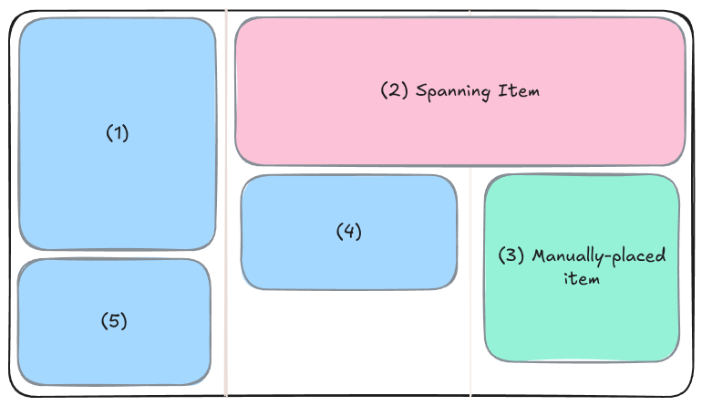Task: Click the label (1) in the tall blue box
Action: click(x=118, y=133)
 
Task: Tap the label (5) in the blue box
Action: click(x=114, y=321)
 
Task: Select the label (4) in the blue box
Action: click(x=349, y=232)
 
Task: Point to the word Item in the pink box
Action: click(x=520, y=91)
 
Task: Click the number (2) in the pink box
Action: click(x=394, y=91)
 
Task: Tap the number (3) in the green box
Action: click(x=511, y=255)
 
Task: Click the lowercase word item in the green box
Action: click(x=582, y=278)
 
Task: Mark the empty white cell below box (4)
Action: click(x=349, y=342)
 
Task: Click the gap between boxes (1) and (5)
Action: click(x=116, y=255)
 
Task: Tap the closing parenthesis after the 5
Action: click(x=124, y=321)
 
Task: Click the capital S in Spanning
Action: click(x=422, y=91)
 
